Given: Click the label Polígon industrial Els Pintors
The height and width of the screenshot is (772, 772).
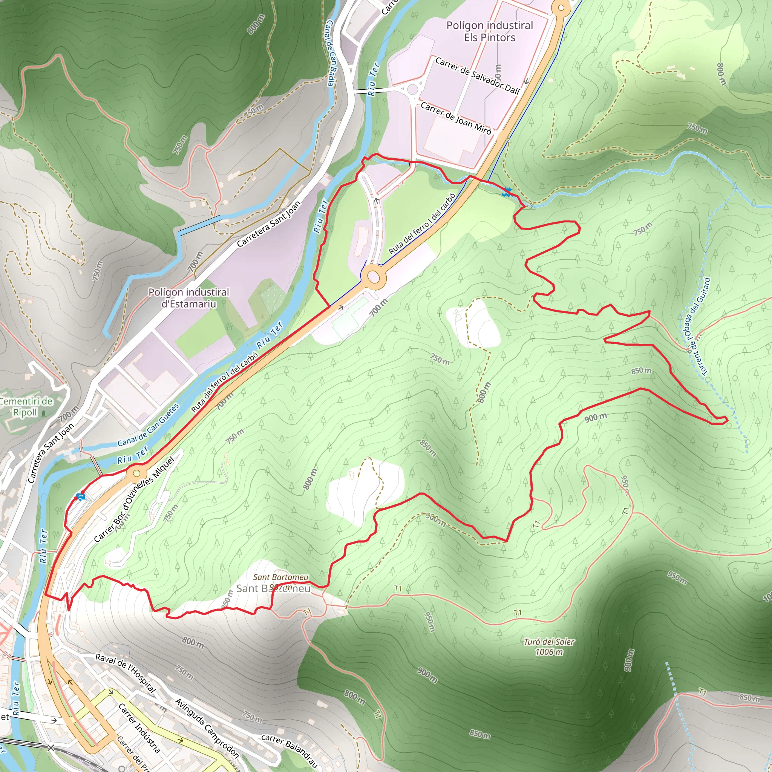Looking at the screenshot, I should tap(490, 32).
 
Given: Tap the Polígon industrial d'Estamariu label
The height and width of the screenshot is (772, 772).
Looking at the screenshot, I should tap(188, 298).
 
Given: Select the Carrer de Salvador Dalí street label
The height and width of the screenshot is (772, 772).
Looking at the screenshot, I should tap(477, 76).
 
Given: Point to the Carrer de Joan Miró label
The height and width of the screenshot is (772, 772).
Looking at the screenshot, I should tap(455, 118).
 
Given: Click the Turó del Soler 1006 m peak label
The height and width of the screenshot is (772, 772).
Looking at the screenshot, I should tap(548, 646).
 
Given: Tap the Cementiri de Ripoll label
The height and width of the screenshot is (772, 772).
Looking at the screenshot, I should tap(26, 407).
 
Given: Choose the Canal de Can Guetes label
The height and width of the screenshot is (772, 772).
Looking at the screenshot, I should tap(148, 425).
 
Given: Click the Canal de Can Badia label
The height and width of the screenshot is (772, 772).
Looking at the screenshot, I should tap(330, 53).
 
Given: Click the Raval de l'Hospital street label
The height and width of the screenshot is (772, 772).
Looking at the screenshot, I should tap(125, 673).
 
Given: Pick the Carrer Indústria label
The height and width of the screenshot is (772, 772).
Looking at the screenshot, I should tap(139, 728).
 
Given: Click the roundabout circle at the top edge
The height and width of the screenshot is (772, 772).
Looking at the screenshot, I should tap(561, 8).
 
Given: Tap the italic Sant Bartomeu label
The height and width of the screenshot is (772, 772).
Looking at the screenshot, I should tap(280, 577).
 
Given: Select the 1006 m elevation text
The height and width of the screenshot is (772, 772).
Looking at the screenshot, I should tap(549, 652).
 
